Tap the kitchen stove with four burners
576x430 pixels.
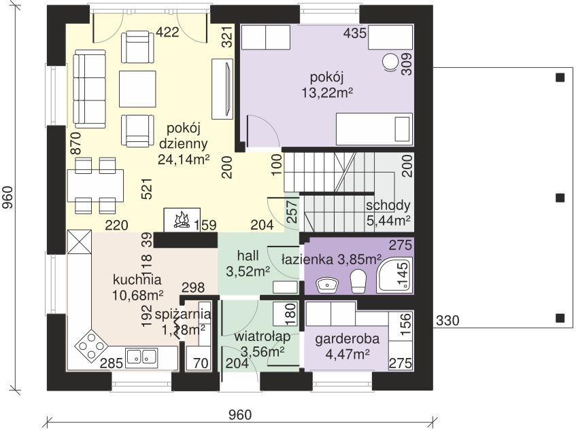point(90,345)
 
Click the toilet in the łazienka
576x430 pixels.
point(358,281)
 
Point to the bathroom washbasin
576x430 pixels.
point(327,285)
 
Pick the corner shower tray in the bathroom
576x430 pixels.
point(394,275)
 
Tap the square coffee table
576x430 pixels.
point(137,89)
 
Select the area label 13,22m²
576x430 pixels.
point(327,93)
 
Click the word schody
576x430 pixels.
point(388,205)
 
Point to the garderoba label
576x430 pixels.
point(347,339)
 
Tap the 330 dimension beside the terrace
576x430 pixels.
point(447,321)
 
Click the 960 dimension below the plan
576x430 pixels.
point(240,415)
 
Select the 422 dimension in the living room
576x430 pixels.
point(167,33)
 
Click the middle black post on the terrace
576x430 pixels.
point(560,198)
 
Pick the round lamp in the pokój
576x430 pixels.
point(390,62)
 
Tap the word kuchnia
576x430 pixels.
point(137,280)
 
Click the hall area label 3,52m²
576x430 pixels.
point(248,272)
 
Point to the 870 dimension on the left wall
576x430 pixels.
point(75,143)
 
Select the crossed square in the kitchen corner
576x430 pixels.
point(79,241)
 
